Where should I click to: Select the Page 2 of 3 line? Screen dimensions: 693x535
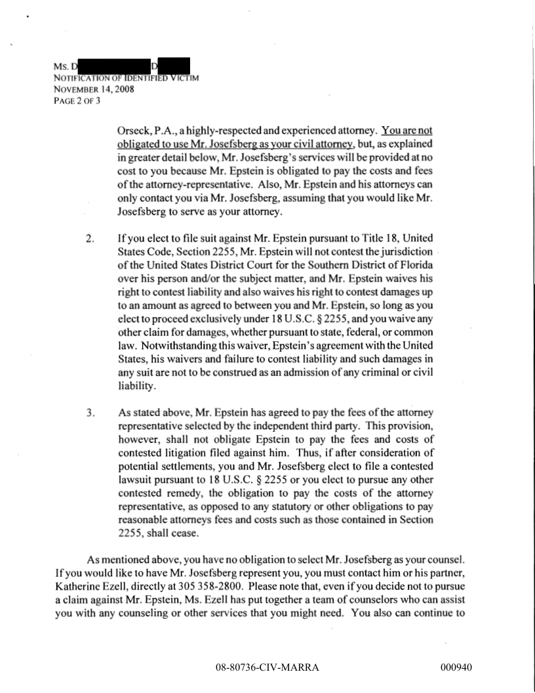(x=77, y=100)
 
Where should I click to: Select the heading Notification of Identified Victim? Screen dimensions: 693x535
(x=127, y=78)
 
